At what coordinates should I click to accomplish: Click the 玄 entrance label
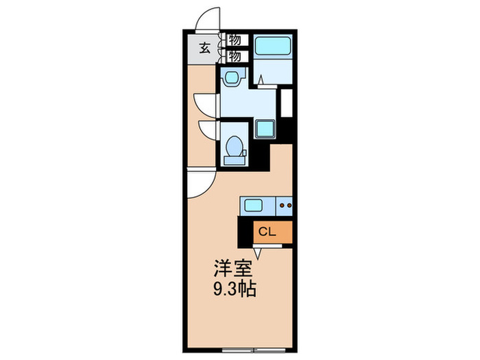coord(204,48)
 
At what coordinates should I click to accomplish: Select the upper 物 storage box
coord(234,40)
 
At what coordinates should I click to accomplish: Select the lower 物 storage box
coord(234,55)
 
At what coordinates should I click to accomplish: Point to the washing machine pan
coord(264,128)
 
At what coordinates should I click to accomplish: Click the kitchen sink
coord(252,204)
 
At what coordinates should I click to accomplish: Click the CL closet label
coord(267,232)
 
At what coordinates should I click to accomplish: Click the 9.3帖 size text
coord(233,289)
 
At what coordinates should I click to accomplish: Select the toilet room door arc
coord(208,130)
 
